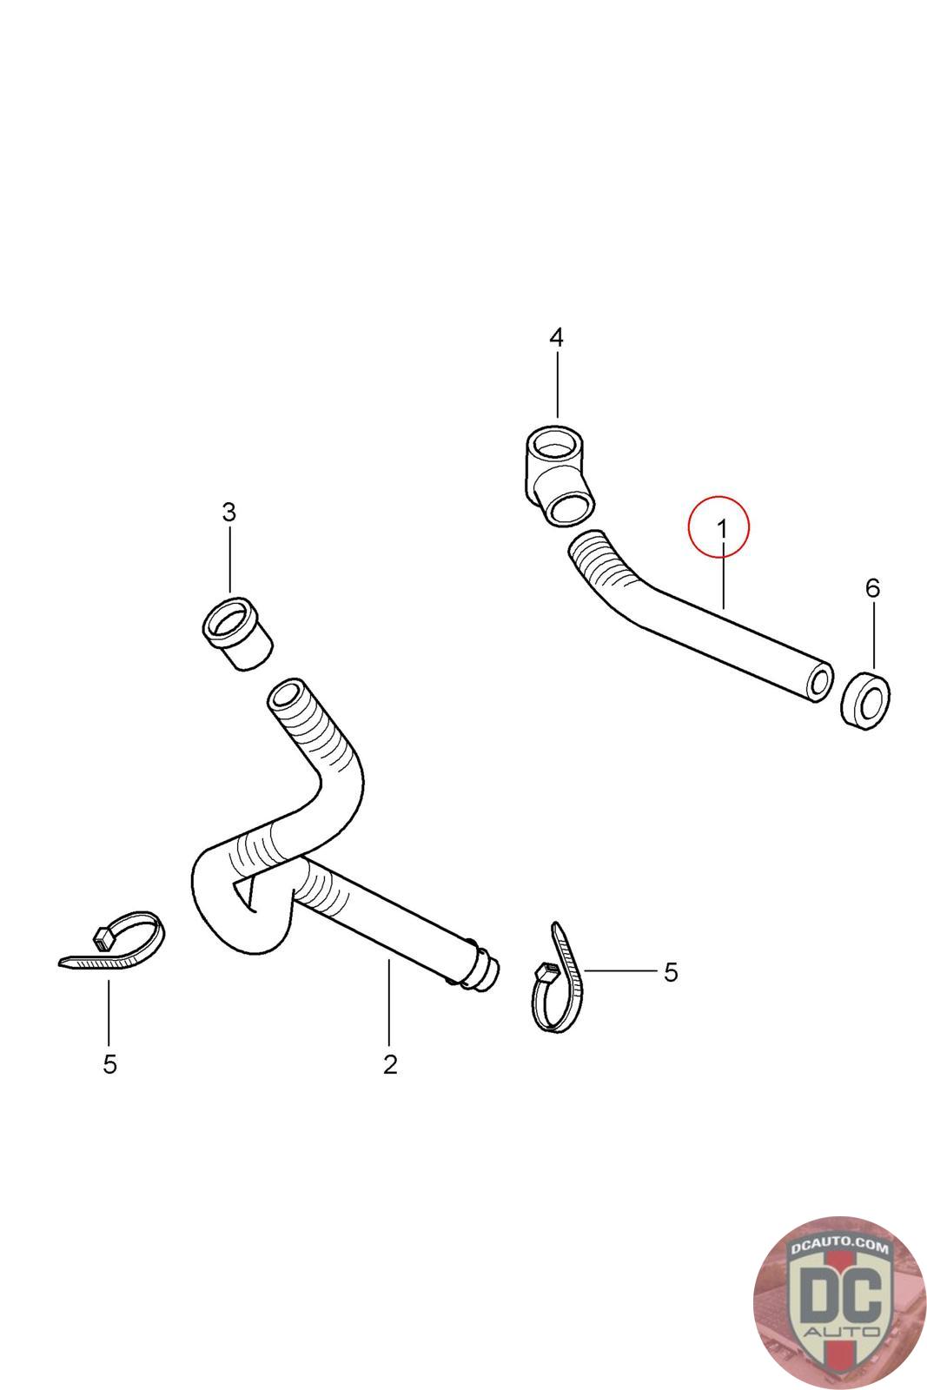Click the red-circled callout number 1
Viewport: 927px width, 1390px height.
pyautogui.click(x=719, y=526)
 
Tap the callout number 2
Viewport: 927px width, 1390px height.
pyautogui.click(x=389, y=1064)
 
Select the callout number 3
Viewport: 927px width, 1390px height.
pyautogui.click(x=228, y=513)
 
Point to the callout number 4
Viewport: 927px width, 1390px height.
pyautogui.click(x=557, y=337)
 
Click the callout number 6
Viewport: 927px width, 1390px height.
pyautogui.click(x=872, y=588)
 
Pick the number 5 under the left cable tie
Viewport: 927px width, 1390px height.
pyautogui.click(x=109, y=1064)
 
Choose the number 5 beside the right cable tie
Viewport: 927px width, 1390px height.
pyautogui.click(x=670, y=972)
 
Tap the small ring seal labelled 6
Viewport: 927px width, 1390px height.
pyautogui.click(x=865, y=700)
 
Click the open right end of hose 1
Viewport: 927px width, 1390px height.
pyautogui.click(x=817, y=684)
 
